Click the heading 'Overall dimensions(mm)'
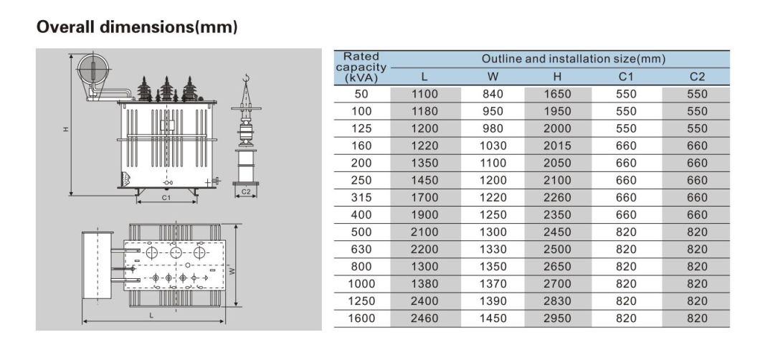[x=137, y=27]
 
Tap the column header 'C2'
[x=696, y=77]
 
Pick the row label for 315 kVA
[x=361, y=198]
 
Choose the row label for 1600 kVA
[x=361, y=318]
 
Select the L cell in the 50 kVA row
[x=424, y=94]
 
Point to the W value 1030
[x=492, y=146]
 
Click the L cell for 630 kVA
[x=424, y=250]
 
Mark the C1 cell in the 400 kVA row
[x=626, y=215]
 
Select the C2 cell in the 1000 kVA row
[x=696, y=284]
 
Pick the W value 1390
[x=492, y=301]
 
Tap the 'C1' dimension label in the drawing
[x=166, y=198]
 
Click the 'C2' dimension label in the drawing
[x=246, y=191]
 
